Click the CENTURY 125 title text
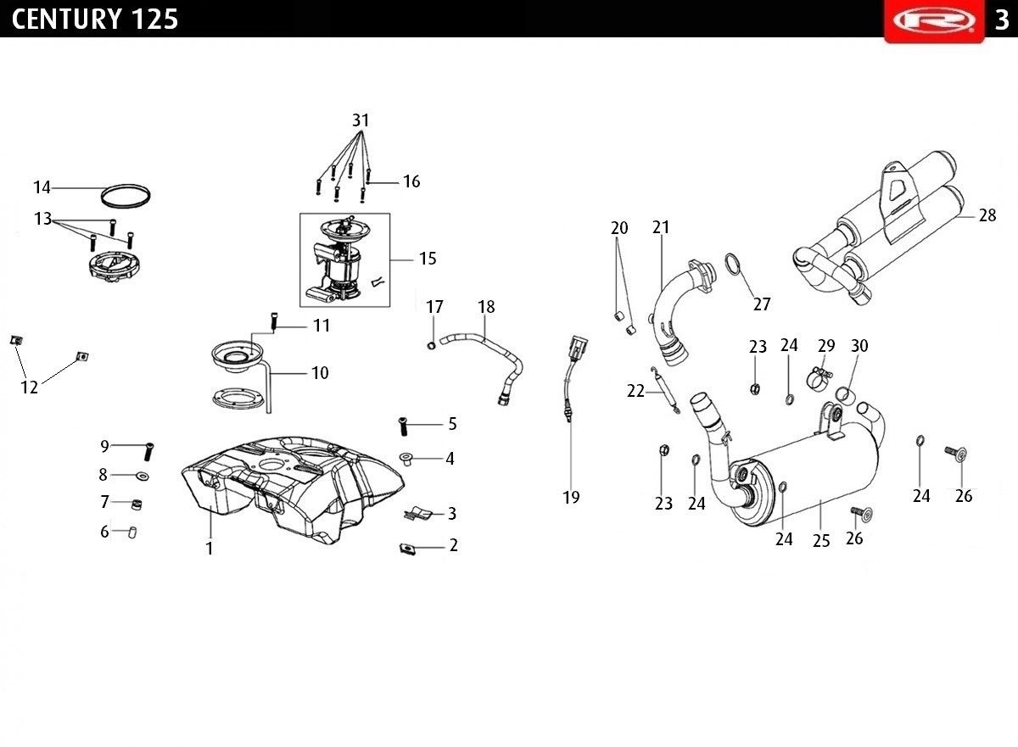(94, 19)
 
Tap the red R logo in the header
(934, 20)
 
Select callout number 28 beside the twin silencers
(987, 215)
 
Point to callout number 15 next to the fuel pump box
(428, 259)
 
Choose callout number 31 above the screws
(361, 120)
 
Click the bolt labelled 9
(149, 452)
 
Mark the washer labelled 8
(143, 477)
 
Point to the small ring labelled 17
(431, 347)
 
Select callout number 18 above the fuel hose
(486, 307)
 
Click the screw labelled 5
(403, 426)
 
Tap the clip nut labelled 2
(408, 548)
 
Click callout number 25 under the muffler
(821, 541)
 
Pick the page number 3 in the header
(1002, 20)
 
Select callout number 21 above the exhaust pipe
(661, 227)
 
